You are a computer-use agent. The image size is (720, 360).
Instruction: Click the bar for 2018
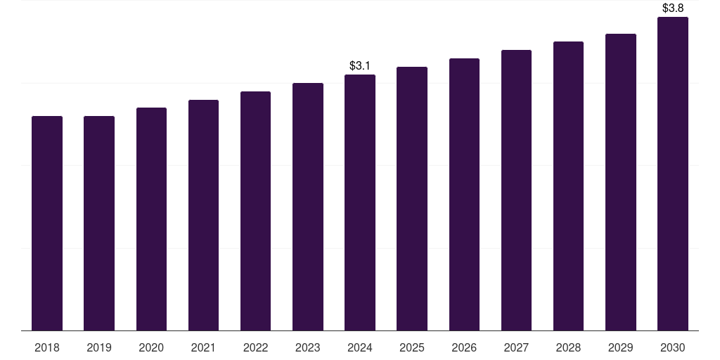click(x=47, y=224)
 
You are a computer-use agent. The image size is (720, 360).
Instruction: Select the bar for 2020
click(x=151, y=219)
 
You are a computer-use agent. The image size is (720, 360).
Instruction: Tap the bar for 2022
click(x=255, y=211)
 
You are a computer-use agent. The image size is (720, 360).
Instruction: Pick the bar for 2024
click(x=360, y=202)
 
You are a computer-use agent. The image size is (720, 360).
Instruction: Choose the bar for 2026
click(x=464, y=195)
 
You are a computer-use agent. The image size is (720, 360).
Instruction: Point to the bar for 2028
click(x=568, y=186)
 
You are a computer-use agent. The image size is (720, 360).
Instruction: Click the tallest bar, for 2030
click(x=672, y=174)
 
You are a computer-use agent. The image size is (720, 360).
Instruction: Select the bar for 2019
click(x=99, y=224)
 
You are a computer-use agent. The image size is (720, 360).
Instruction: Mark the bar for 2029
click(x=620, y=182)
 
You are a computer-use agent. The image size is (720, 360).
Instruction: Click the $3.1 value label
click(x=360, y=65)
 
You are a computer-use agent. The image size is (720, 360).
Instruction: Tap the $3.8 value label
click(x=673, y=8)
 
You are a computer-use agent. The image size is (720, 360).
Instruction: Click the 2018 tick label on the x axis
click(x=47, y=347)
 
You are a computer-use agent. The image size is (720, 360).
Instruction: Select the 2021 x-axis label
click(x=203, y=347)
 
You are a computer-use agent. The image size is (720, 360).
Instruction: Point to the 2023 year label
click(x=307, y=347)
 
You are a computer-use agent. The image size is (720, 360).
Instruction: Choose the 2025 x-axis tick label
click(x=412, y=347)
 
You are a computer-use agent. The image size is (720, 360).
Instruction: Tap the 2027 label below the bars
click(x=516, y=347)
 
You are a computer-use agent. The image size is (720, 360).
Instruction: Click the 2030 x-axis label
click(x=672, y=347)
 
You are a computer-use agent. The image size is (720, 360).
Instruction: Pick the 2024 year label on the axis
click(x=360, y=347)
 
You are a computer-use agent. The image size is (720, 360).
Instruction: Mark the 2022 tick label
click(x=255, y=347)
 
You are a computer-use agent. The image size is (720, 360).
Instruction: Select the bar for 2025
click(x=412, y=199)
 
